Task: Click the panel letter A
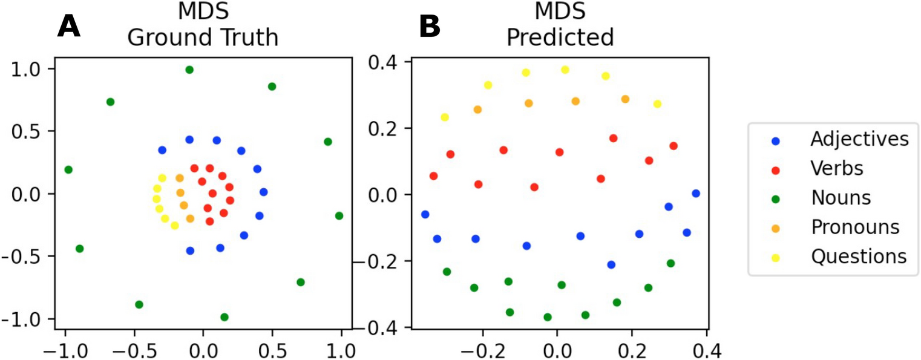click(69, 27)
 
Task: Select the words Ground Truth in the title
click(203, 38)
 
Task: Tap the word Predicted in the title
click(560, 38)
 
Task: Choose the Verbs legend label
click(837, 168)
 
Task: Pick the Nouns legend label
click(841, 198)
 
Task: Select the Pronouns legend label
click(855, 227)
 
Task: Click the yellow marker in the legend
click(777, 257)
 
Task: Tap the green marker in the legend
click(777, 198)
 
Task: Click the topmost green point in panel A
click(189, 70)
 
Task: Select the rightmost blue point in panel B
click(696, 194)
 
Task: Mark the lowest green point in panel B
click(548, 317)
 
